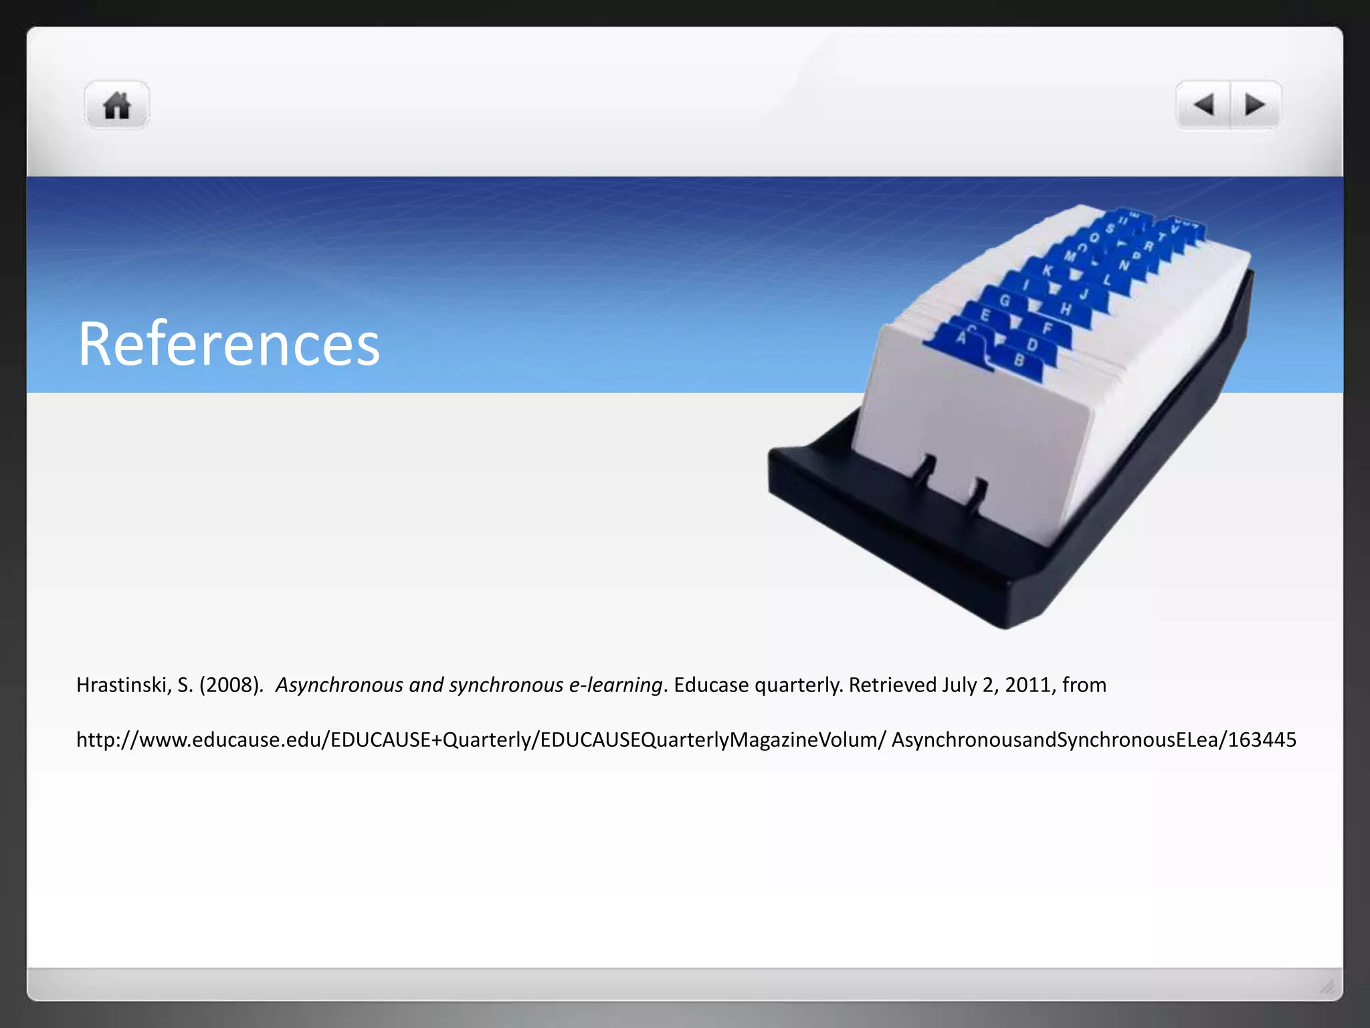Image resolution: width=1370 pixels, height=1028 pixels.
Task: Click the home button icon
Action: point(116,106)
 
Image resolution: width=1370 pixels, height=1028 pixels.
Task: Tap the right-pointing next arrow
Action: point(1255,105)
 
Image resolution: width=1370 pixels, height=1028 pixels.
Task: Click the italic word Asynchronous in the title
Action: point(339,685)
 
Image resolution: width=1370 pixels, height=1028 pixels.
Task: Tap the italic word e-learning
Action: point(615,685)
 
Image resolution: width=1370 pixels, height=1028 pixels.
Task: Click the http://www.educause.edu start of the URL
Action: point(201,740)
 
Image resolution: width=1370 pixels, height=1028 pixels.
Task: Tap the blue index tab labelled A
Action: point(961,338)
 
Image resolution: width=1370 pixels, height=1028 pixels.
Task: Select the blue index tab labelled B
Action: point(1019,361)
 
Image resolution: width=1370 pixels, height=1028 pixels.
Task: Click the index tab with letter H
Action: point(1065,309)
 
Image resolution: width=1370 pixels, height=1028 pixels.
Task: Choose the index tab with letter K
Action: point(1048,270)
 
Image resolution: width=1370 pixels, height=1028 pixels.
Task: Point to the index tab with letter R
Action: point(1148,246)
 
